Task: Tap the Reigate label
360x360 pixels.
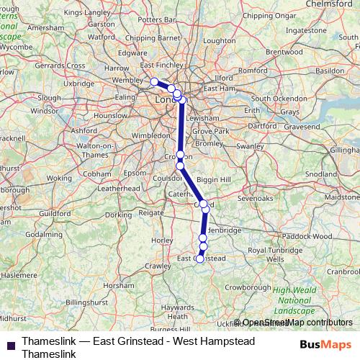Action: tap(151, 212)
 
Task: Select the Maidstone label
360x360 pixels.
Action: tap(341, 197)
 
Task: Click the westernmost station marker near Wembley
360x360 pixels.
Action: tap(153, 81)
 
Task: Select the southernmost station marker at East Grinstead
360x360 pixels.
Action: tap(199, 258)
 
